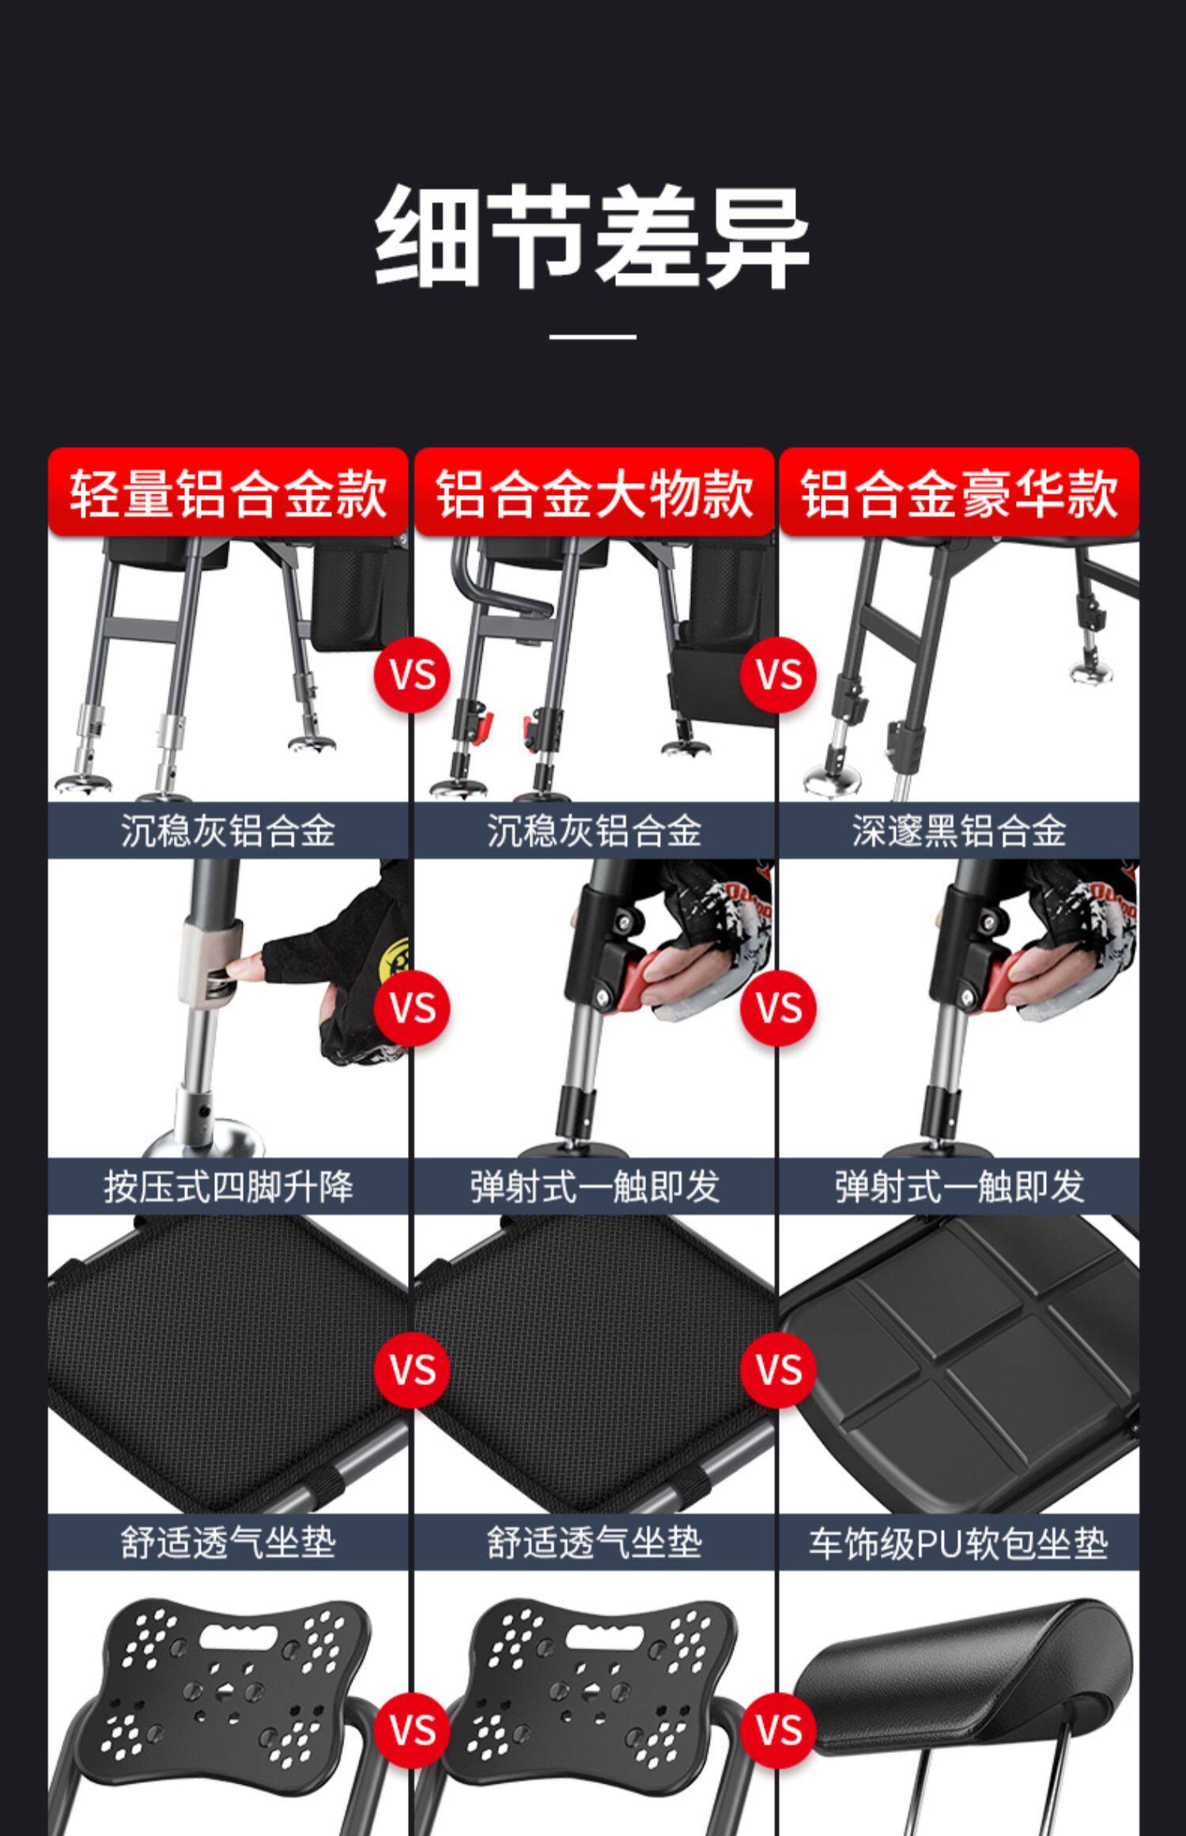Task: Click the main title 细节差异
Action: click(592, 236)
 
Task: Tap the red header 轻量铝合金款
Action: click(228, 493)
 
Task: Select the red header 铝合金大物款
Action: click(594, 493)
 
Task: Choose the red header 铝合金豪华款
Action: click(959, 493)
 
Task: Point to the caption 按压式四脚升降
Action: click(228, 1187)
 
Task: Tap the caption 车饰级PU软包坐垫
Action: click(959, 1543)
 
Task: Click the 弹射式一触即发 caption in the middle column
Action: click(594, 1187)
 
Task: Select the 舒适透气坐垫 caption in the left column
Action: click(228, 1543)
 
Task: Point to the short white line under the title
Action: click(592, 337)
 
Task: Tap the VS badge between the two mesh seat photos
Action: click(413, 1370)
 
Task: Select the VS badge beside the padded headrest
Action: click(779, 1729)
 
